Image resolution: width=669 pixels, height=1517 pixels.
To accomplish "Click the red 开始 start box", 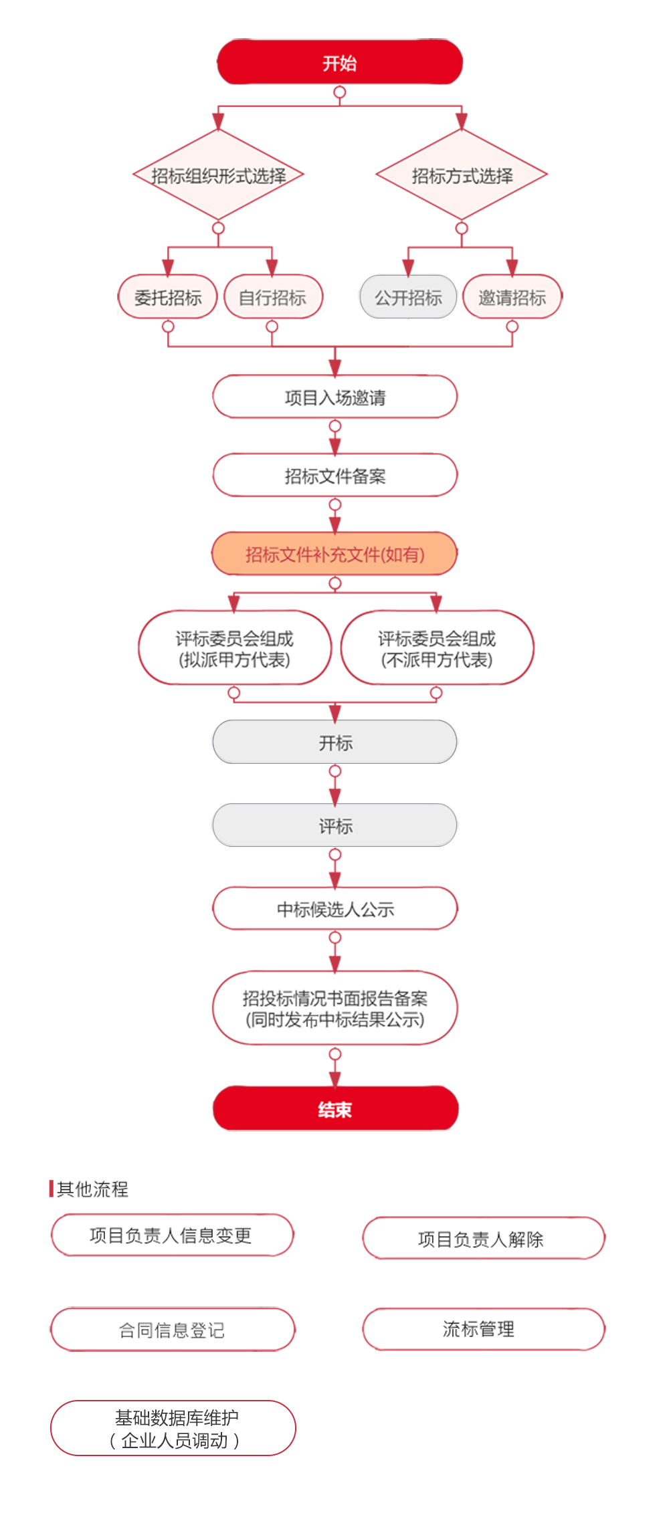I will pos(340,63).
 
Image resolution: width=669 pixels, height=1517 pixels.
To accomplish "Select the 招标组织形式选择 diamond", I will pos(218,175).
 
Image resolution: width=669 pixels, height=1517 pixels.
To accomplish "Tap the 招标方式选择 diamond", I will pos(462,175).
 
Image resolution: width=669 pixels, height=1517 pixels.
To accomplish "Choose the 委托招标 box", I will pos(168,297).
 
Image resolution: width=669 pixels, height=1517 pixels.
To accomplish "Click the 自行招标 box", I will pos(272,297).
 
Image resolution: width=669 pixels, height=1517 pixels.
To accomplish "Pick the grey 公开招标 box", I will pos(408,297).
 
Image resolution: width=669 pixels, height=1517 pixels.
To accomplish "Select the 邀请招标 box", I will pos(512,297).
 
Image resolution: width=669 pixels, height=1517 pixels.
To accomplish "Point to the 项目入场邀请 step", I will pos(334,397).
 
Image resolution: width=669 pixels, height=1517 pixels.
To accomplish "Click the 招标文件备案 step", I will pos(334,476).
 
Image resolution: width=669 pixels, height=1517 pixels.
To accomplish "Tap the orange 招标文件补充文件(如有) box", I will pos(334,554).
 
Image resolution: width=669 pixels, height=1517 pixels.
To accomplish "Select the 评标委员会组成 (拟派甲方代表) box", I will pos(234,648).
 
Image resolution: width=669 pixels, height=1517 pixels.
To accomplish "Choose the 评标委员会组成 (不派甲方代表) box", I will pos(437,648).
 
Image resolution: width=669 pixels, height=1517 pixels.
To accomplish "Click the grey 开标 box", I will pos(334,742).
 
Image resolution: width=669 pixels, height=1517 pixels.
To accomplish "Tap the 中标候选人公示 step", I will pos(334,909).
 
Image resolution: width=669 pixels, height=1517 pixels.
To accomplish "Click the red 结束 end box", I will pos(334,1110).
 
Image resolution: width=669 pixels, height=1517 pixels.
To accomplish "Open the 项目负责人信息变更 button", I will pos(171,1235).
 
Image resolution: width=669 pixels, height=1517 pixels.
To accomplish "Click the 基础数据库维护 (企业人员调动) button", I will pos(173,1428).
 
